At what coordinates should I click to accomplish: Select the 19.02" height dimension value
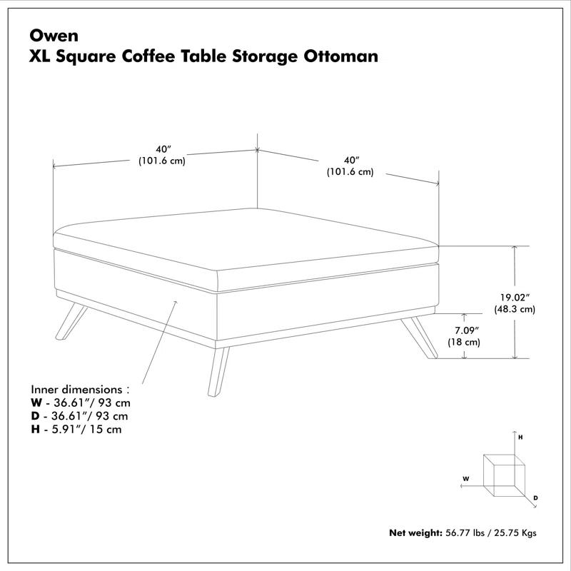pyautogui.click(x=515, y=298)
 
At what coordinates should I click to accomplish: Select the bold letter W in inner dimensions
pyautogui.click(x=36, y=403)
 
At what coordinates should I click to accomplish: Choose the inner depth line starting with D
pyautogui.click(x=79, y=416)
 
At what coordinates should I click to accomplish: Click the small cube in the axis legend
pyautogui.click(x=503, y=473)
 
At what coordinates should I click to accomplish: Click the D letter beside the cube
pyautogui.click(x=535, y=497)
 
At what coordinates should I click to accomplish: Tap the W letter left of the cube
pyautogui.click(x=465, y=478)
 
